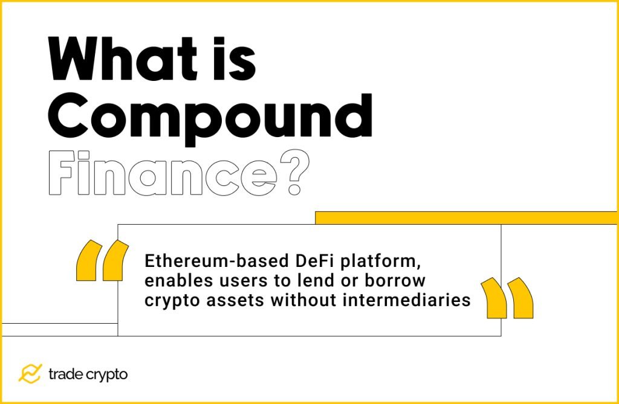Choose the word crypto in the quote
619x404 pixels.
[167, 300]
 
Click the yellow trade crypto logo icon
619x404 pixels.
[30, 374]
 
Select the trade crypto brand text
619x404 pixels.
[88, 374]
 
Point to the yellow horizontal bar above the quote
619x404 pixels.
[466, 217]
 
